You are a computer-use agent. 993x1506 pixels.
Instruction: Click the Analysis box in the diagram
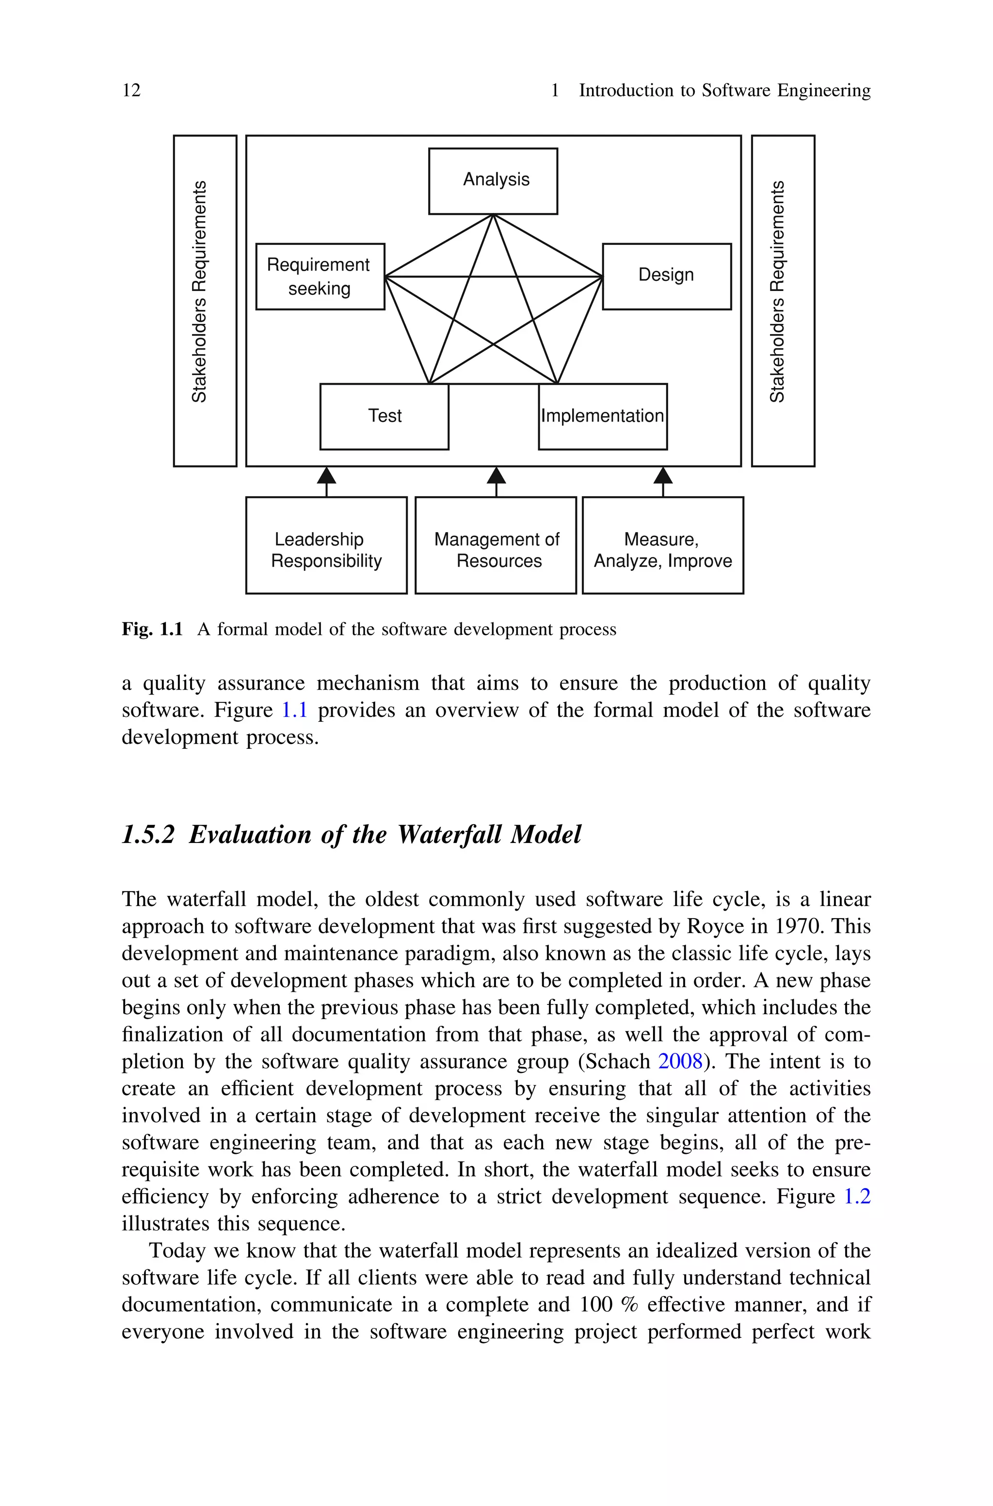click(493, 181)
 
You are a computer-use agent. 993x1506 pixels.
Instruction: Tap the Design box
click(666, 276)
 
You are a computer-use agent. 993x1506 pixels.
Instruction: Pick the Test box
click(384, 417)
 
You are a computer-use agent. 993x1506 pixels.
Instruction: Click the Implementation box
click(602, 417)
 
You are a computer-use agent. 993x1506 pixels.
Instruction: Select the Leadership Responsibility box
click(326, 545)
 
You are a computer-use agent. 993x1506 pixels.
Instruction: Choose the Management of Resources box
click(496, 545)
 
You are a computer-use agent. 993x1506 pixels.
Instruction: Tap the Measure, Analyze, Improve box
click(662, 545)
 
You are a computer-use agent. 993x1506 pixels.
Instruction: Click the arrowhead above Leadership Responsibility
click(326, 475)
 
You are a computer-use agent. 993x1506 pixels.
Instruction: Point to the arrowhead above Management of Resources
click(496, 475)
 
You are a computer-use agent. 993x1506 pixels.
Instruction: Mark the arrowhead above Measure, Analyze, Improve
click(662, 475)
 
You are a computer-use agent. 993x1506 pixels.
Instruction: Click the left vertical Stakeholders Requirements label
click(199, 291)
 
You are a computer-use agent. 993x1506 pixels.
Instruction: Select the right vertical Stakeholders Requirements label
click(777, 291)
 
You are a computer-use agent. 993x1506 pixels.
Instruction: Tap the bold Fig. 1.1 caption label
click(152, 630)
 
